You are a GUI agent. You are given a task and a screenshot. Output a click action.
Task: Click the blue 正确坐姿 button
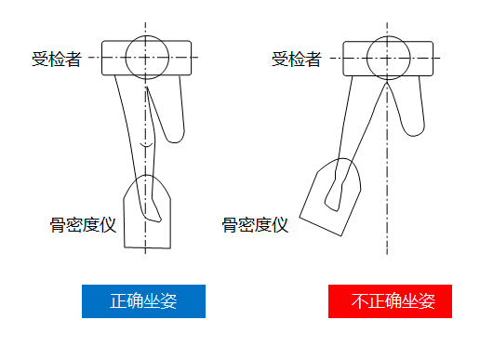143,301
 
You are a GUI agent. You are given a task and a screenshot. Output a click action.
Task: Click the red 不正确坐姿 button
390,301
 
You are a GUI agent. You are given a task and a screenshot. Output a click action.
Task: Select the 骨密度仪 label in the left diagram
82,224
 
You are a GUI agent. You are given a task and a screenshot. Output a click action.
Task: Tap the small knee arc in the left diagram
144,147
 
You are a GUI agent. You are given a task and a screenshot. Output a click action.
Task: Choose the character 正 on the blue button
118,301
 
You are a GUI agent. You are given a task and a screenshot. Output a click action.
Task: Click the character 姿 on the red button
426,301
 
